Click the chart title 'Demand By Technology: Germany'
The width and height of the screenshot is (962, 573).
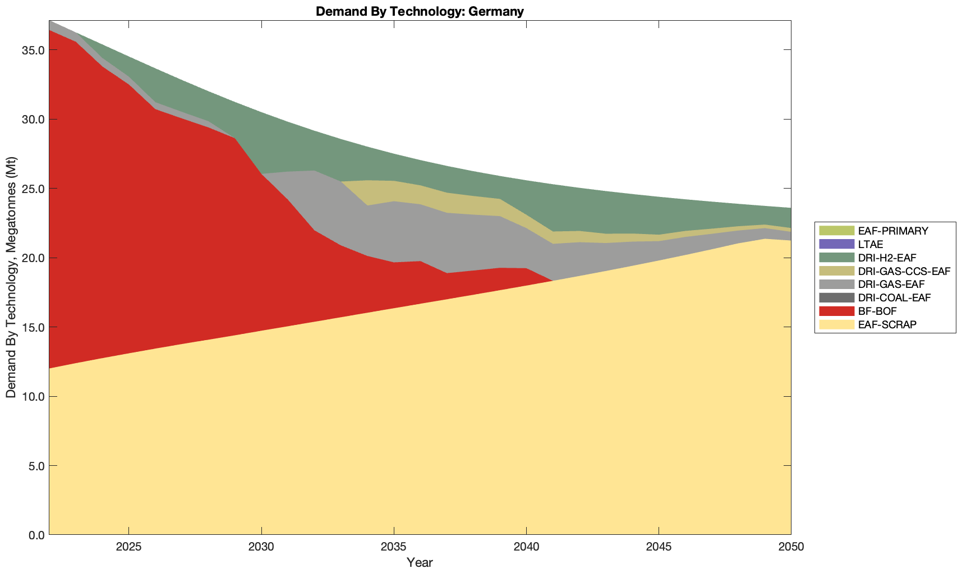point(420,11)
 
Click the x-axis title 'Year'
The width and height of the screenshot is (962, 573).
point(420,562)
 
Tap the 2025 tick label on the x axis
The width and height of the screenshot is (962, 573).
point(129,548)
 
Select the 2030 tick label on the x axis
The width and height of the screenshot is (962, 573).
point(261,548)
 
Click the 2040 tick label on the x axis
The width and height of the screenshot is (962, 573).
point(526,548)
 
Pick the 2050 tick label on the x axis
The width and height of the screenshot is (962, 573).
point(791,548)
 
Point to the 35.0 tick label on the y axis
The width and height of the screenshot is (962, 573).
point(33,50)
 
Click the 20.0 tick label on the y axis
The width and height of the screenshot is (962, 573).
point(33,258)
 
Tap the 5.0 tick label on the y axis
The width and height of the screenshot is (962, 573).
point(35,466)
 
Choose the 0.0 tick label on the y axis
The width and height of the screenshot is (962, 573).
point(35,535)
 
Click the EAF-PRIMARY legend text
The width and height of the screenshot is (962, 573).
point(893,231)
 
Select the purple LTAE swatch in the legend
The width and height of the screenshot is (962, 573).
point(836,244)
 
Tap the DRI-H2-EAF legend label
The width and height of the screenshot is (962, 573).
point(887,258)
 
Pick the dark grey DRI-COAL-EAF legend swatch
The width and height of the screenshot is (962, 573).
point(836,297)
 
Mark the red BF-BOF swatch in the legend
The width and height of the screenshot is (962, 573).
point(836,311)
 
